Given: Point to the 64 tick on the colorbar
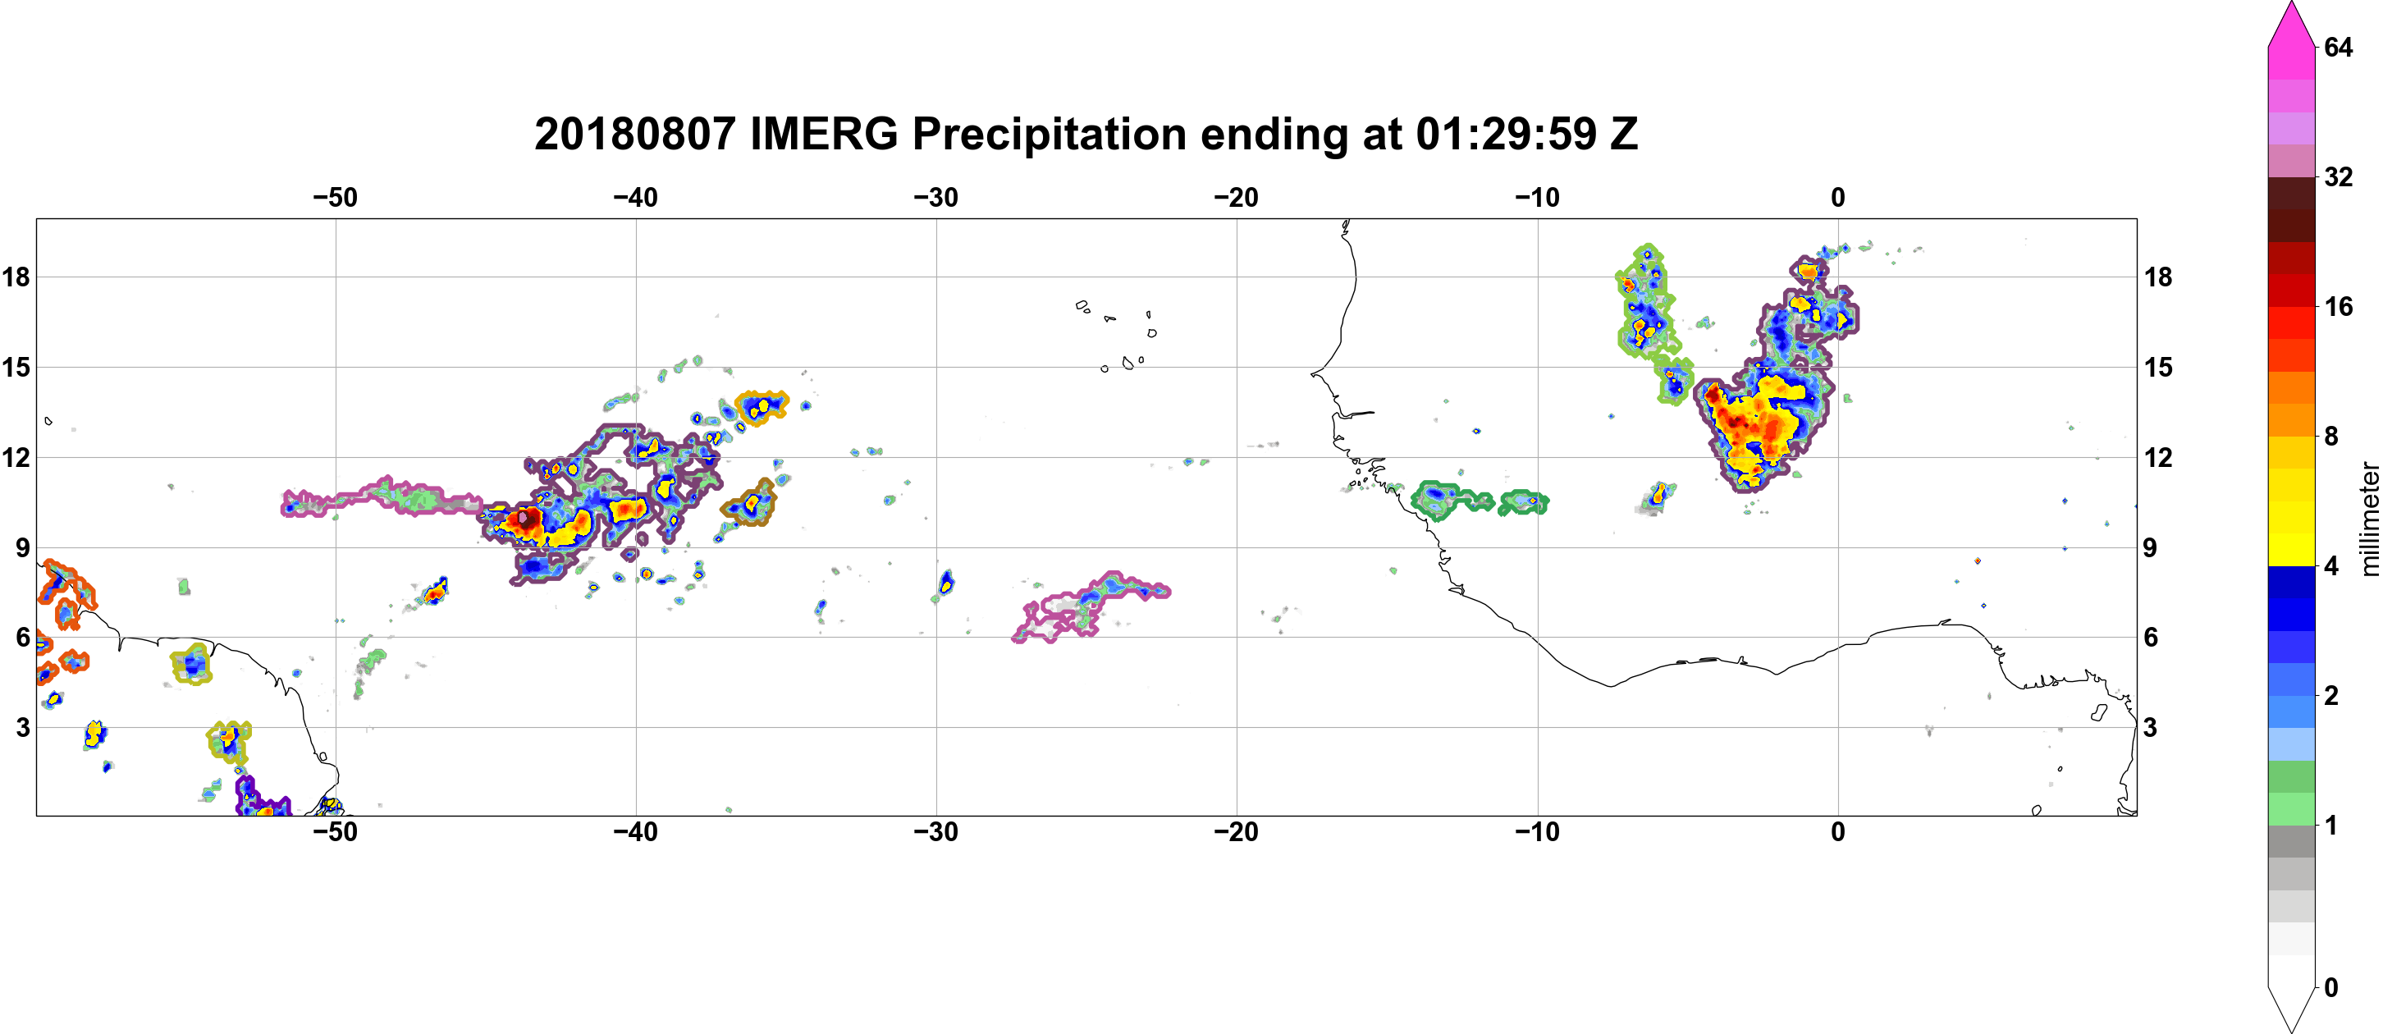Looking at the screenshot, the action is click(2338, 47).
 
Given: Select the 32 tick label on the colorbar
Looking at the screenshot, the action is click(2338, 176).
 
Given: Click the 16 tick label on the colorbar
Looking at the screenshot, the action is click(2338, 306).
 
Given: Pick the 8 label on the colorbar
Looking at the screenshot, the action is click(2331, 436).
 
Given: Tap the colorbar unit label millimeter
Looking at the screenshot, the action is click(2369, 519).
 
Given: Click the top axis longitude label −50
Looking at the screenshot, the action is click(335, 197).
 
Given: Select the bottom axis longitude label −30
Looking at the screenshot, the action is click(936, 831).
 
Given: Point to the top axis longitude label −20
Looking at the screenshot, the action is click(1237, 197).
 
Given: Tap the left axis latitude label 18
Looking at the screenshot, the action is click(16, 277).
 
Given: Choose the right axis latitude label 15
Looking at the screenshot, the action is click(2158, 367).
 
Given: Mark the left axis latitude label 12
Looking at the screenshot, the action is click(16, 457).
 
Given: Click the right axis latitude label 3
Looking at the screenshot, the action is click(2151, 727).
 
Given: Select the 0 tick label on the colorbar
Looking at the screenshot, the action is click(2331, 987).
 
